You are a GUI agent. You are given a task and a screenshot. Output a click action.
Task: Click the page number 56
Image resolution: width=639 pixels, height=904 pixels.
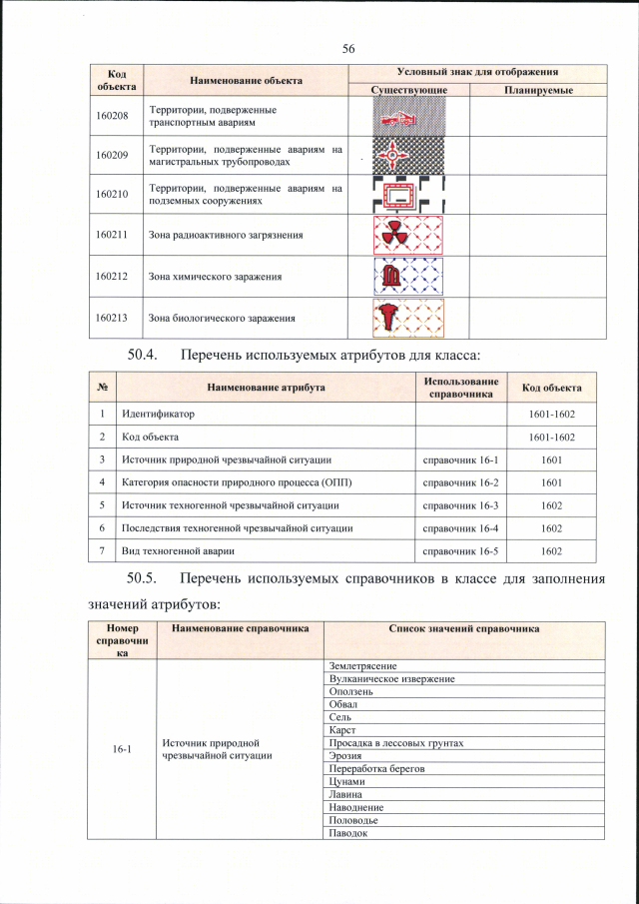348,49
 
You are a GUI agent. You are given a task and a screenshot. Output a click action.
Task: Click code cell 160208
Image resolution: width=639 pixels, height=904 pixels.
112,115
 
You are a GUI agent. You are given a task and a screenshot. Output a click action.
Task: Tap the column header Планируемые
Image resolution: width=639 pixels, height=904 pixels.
538,90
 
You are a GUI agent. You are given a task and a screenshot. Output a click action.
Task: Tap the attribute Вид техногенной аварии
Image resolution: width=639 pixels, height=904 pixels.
184,551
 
